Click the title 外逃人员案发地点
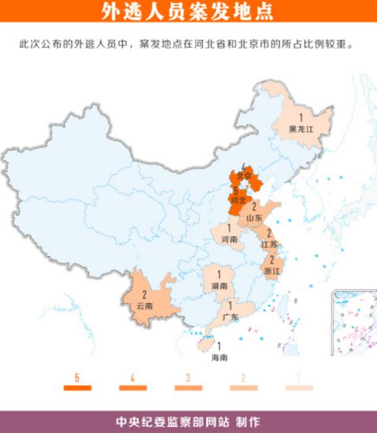click(188, 12)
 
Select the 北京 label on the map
click(243, 177)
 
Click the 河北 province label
click(238, 200)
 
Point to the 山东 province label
click(254, 218)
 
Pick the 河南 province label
click(229, 239)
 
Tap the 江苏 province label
click(269, 244)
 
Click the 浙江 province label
click(271, 270)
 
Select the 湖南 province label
click(219, 286)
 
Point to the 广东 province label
click(229, 317)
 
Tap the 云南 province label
click(144, 306)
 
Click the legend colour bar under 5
click(77, 388)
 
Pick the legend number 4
click(133, 378)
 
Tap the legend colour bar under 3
click(188, 388)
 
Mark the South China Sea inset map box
click(353, 322)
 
